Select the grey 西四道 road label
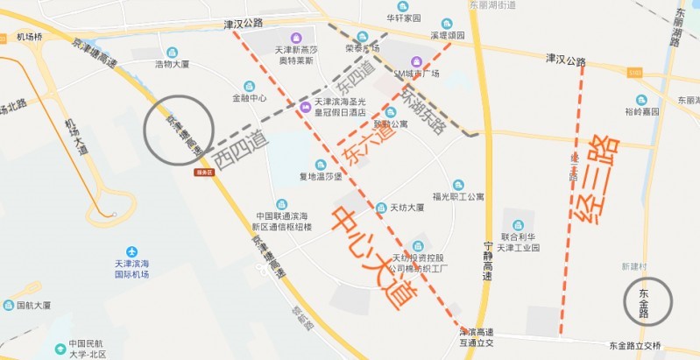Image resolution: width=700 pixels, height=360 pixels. pos(241,151)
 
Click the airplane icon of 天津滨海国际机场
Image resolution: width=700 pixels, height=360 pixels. pos(131,251)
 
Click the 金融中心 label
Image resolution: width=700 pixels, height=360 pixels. pos(249,98)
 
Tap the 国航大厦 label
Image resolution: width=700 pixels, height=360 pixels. pos(33,306)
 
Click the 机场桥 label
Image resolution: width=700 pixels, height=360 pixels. pos(29,37)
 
